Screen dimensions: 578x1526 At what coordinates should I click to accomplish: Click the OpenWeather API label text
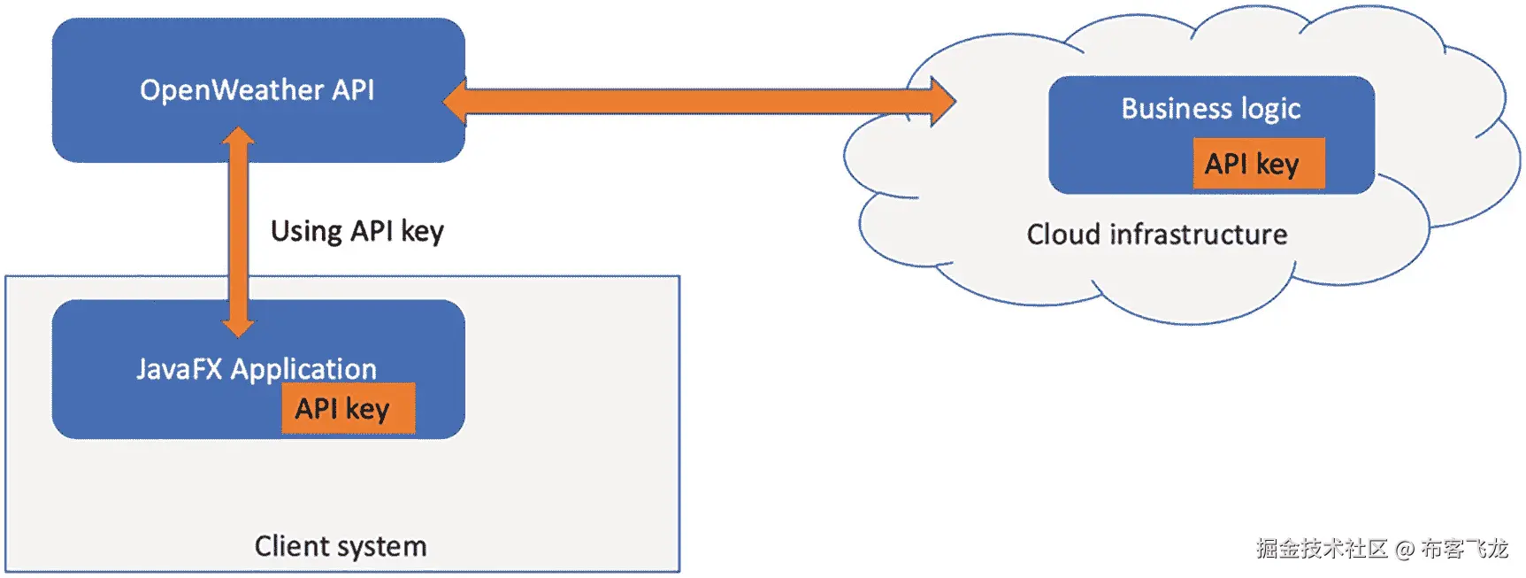pyautogui.click(x=257, y=90)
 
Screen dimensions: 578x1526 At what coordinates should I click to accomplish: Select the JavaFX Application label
pyautogui.click(x=257, y=368)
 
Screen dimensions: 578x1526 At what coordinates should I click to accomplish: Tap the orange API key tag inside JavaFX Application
pyautogui.click(x=348, y=408)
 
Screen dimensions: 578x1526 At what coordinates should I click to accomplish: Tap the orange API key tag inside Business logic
pyautogui.click(x=1258, y=164)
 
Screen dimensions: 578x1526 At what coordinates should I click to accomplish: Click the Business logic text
pyautogui.click(x=1210, y=108)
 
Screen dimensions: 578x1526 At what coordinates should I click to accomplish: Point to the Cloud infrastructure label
pyautogui.click(x=1156, y=235)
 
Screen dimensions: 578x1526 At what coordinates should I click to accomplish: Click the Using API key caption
pyautogui.click(x=357, y=231)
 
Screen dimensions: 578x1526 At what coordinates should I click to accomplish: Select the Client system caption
pyautogui.click(x=341, y=546)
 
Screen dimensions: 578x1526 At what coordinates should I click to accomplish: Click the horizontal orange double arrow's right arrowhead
pyautogui.click(x=941, y=101)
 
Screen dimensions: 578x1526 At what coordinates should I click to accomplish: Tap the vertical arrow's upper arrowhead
pyautogui.click(x=238, y=139)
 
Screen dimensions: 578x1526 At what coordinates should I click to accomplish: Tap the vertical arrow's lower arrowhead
pyautogui.click(x=238, y=325)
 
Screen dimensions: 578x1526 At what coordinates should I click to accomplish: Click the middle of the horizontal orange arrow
pyautogui.click(x=699, y=101)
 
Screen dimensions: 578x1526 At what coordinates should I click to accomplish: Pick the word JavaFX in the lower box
pyautogui.click(x=179, y=368)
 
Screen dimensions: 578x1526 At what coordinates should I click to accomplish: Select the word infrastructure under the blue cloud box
pyautogui.click(x=1199, y=235)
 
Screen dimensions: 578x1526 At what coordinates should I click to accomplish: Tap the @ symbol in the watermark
pyautogui.click(x=1404, y=550)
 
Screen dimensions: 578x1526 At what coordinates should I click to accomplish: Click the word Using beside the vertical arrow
pyautogui.click(x=306, y=231)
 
